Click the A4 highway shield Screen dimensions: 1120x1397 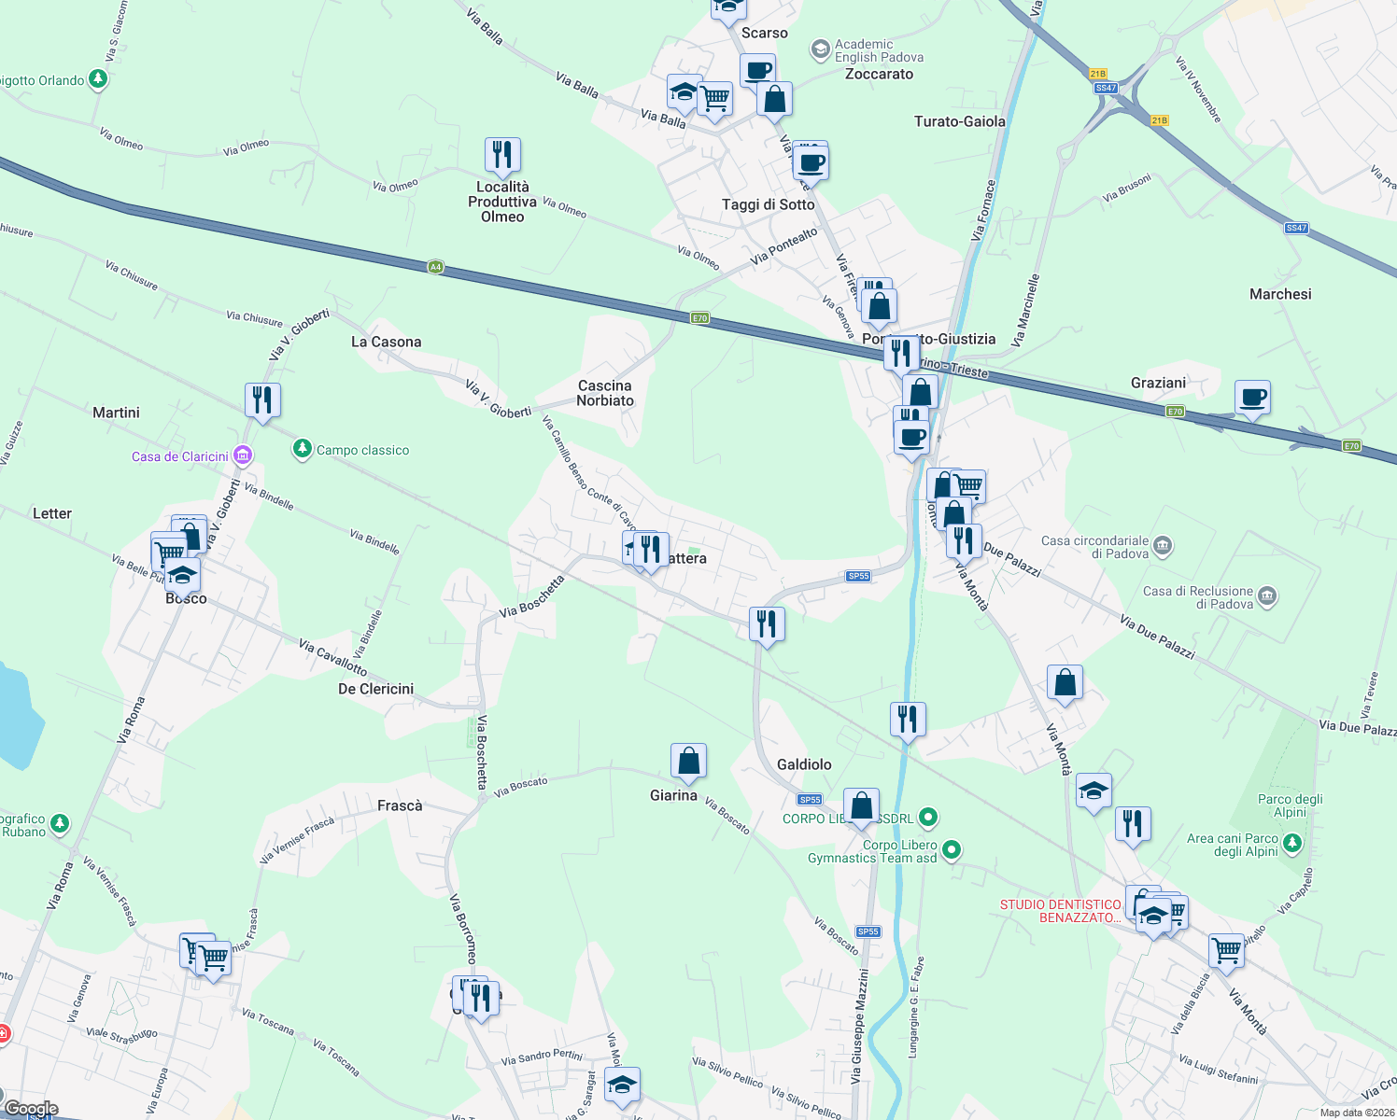435,267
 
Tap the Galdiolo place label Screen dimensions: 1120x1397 804,764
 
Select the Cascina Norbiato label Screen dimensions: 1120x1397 605,393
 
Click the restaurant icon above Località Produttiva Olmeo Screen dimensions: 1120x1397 502,154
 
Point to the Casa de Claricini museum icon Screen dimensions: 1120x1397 243,455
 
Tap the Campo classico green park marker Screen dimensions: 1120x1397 302,450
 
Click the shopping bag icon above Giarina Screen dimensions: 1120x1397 688,761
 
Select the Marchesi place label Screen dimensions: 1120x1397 1280,294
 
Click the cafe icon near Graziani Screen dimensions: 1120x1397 1252,398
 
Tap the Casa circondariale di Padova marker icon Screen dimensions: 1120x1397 1162,545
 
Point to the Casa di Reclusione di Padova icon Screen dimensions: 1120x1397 1266,595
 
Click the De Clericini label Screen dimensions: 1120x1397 375,689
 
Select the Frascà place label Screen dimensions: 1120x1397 400,805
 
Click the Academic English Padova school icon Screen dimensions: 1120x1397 820,49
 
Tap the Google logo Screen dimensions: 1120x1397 31,1109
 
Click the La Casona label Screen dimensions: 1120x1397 386,342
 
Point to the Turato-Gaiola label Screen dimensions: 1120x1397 959,121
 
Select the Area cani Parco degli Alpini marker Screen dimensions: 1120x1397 1291,844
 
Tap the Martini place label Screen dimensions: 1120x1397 116,413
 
